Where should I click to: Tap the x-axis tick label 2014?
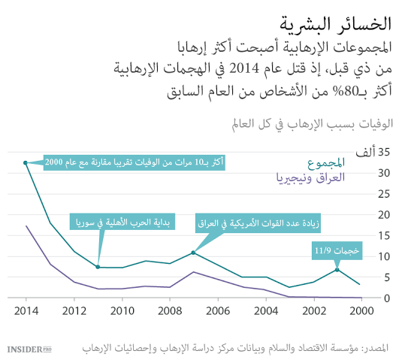pyautogui.click(x=26, y=310)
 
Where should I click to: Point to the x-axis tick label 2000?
pyautogui.click(x=361, y=310)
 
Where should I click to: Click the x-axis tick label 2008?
pyautogui.click(x=170, y=310)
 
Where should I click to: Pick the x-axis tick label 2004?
pyautogui.click(x=265, y=310)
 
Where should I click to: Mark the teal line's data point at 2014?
pyautogui.click(x=26, y=141)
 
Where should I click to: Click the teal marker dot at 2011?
pyautogui.click(x=98, y=267)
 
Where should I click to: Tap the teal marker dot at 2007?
pyautogui.click(x=193, y=253)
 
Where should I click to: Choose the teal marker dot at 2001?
pyautogui.click(x=337, y=269)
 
